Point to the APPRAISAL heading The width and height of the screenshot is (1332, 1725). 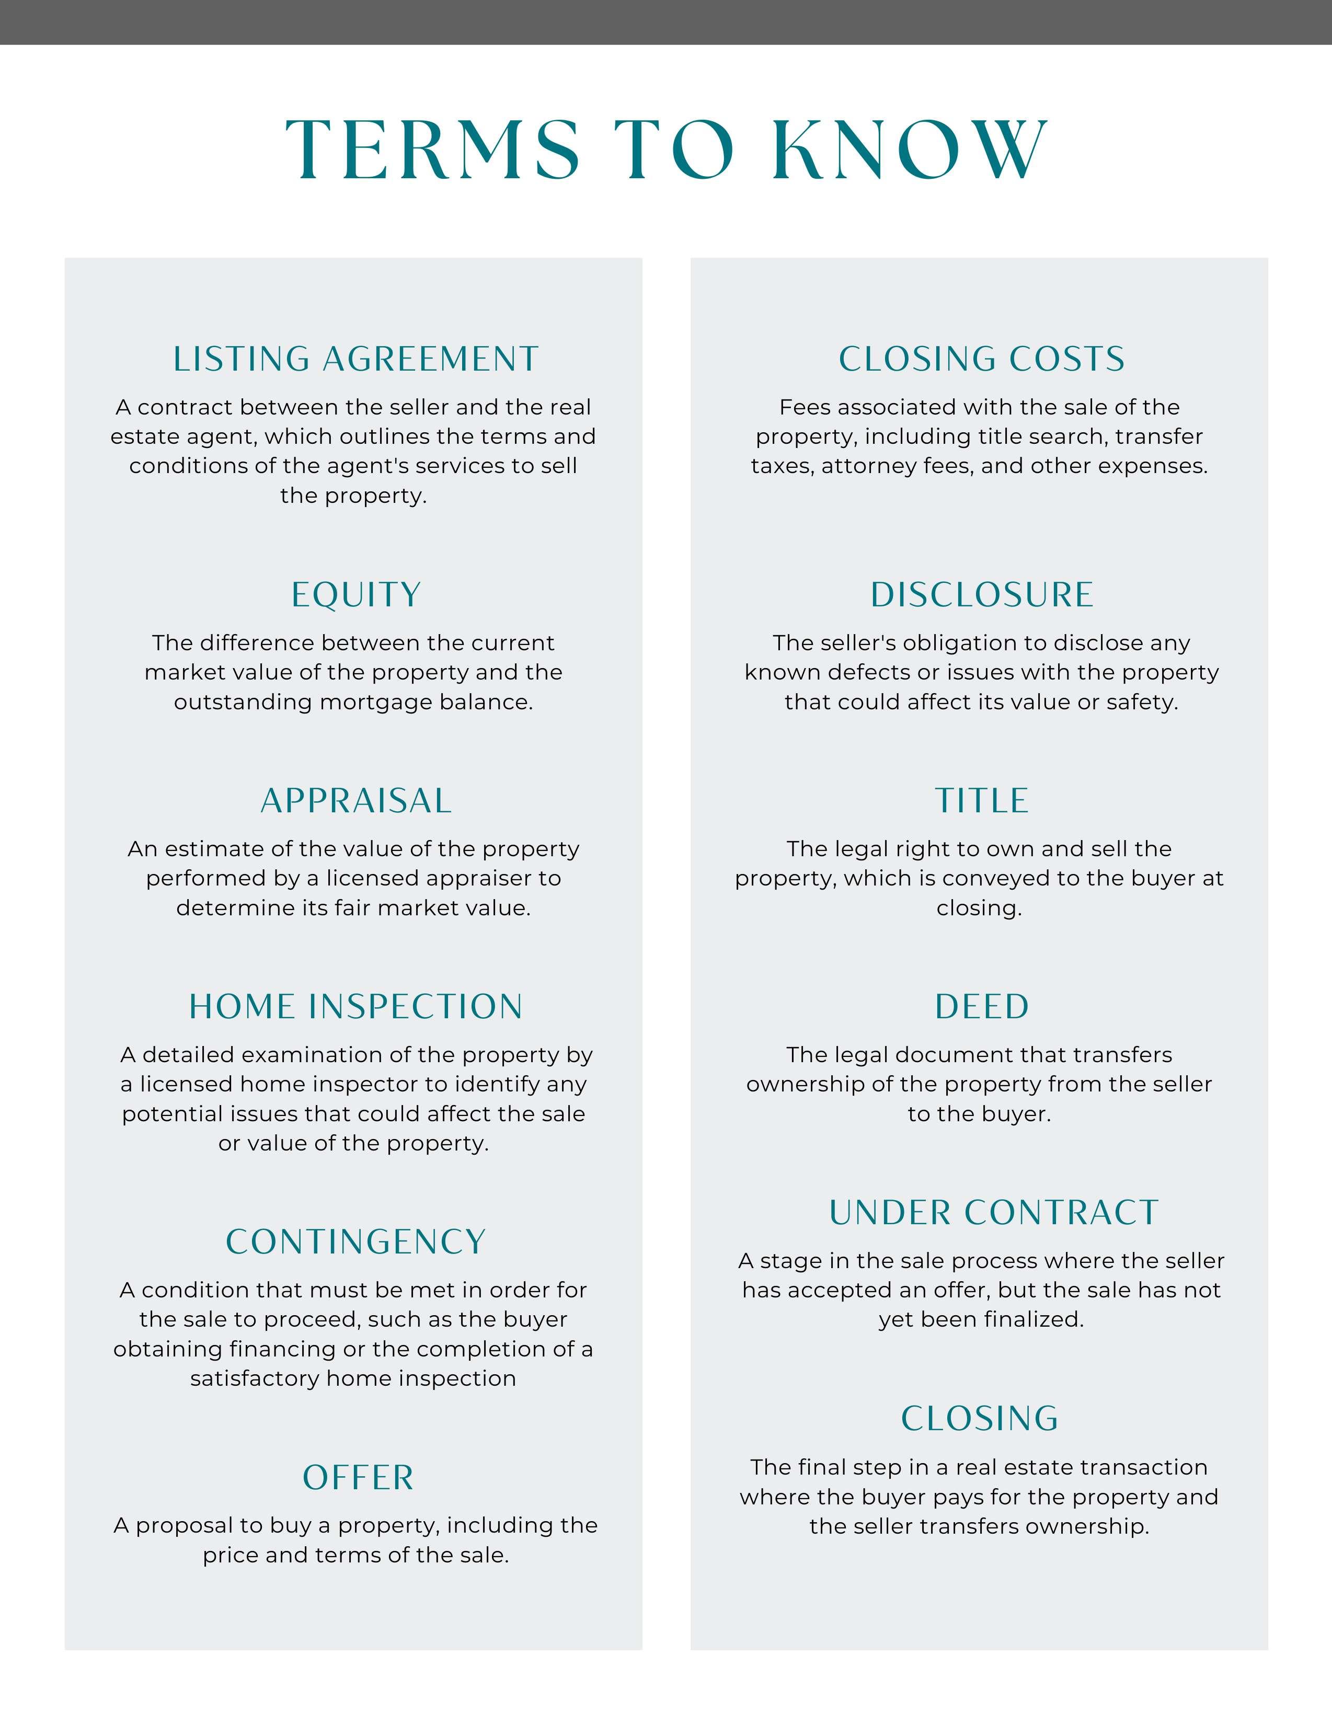355,801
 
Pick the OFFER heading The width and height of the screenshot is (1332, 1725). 358,1478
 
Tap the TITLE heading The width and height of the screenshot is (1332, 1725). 981,801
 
